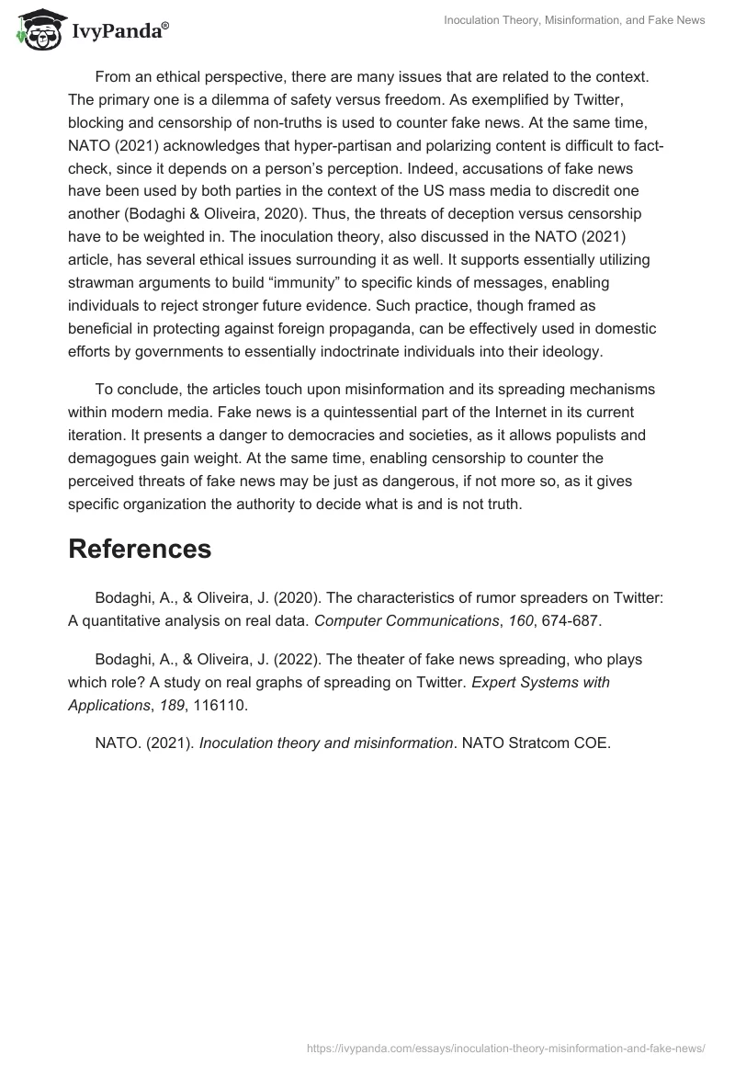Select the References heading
click(140, 549)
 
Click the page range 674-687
click(571, 620)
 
